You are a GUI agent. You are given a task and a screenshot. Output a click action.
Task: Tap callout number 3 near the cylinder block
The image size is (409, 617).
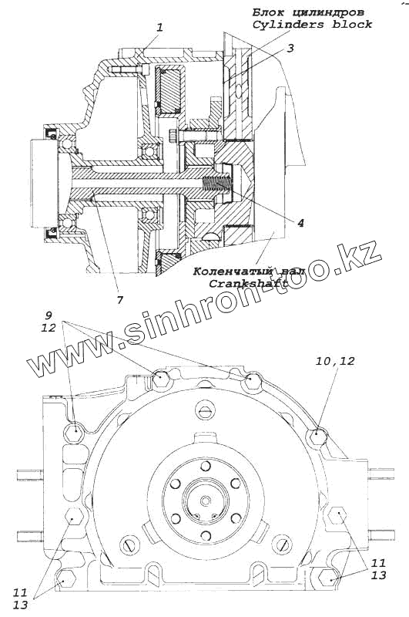pyautogui.click(x=290, y=48)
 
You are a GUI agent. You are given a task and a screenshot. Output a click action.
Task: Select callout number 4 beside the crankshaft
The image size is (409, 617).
pyautogui.click(x=300, y=223)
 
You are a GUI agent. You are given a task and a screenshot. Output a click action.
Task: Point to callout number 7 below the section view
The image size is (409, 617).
pyautogui.click(x=120, y=299)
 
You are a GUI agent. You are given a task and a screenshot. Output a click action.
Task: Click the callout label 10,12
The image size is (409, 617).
pyautogui.click(x=335, y=361)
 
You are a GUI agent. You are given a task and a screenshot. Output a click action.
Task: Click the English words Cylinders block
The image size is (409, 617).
pyautogui.click(x=312, y=25)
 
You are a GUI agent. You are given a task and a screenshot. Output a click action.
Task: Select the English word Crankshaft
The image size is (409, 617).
pyautogui.click(x=247, y=283)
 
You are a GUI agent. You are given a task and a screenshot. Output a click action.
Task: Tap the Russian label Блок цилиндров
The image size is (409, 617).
pyautogui.click(x=307, y=12)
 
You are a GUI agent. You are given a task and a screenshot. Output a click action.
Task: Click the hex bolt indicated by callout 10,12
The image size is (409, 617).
pyautogui.click(x=317, y=437)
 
